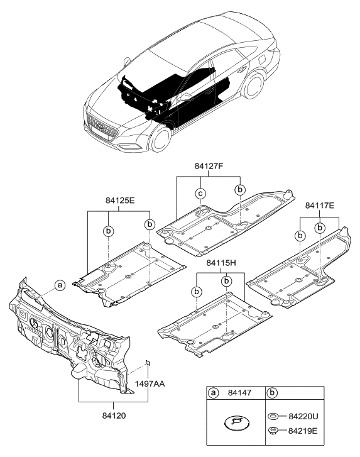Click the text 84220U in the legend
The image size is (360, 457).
click(302, 417)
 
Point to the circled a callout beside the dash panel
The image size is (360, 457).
click(58, 285)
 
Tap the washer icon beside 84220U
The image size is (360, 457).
click(273, 416)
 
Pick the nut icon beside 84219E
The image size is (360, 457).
click(273, 430)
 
